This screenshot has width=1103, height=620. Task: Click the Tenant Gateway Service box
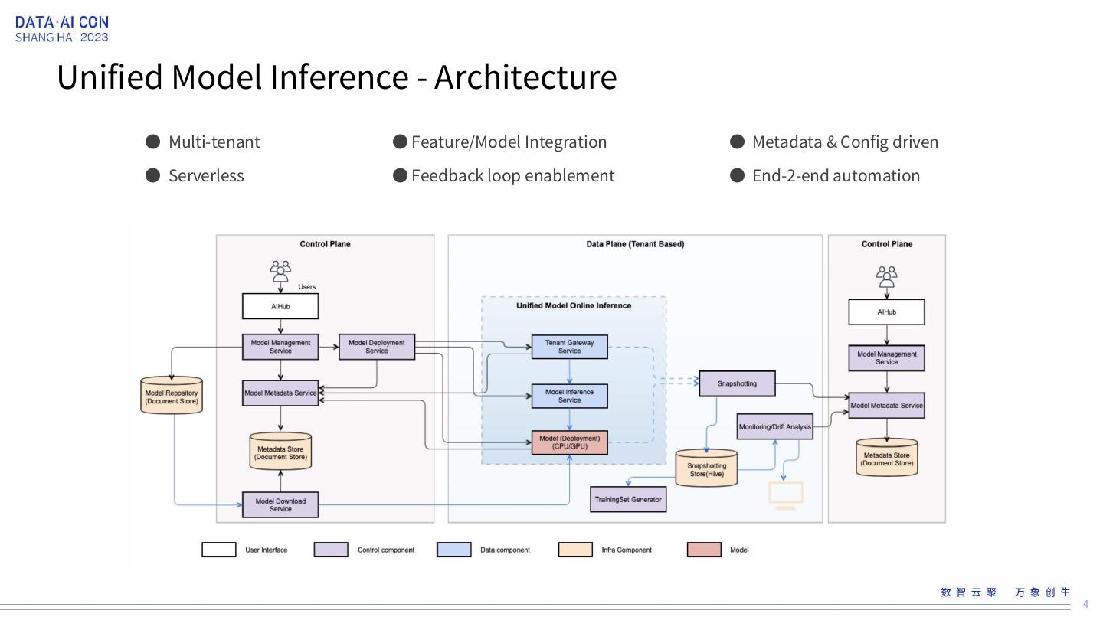click(x=569, y=347)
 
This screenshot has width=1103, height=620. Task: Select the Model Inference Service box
click(x=569, y=396)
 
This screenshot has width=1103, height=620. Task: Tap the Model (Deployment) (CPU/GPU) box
click(x=569, y=442)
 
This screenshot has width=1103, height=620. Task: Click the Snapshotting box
click(x=737, y=383)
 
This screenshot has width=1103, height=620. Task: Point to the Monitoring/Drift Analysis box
click(x=774, y=427)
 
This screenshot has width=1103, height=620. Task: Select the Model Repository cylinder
click(x=172, y=396)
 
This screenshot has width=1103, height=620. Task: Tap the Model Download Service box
click(x=280, y=505)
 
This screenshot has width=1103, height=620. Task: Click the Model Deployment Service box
click(x=376, y=347)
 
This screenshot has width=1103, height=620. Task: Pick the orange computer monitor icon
click(x=785, y=495)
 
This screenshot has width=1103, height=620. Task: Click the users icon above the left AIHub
click(x=280, y=271)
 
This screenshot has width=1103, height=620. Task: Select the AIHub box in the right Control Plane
click(x=886, y=312)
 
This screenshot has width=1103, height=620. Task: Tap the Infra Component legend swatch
click(x=575, y=550)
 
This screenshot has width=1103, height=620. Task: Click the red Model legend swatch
click(x=704, y=550)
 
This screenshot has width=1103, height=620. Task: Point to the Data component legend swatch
click(x=453, y=550)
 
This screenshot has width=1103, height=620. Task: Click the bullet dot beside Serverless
click(x=153, y=175)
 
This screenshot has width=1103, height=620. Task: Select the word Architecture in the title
click(x=525, y=77)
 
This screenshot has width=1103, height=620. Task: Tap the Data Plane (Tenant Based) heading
click(x=635, y=244)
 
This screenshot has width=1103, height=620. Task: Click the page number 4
click(x=1085, y=604)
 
